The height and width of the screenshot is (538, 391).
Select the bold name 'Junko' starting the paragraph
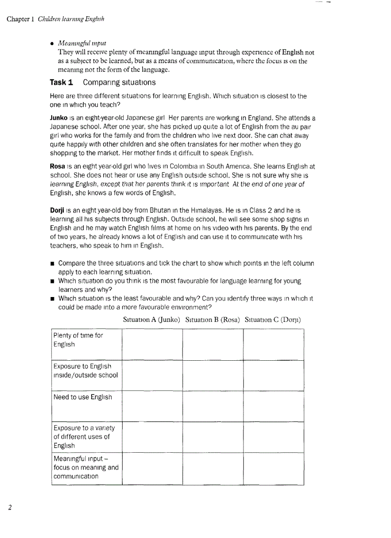(x=59, y=118)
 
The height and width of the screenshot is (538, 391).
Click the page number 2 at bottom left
(x=10, y=507)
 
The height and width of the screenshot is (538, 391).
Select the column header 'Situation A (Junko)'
(x=151, y=320)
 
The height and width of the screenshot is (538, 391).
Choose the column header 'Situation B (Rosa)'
(x=212, y=320)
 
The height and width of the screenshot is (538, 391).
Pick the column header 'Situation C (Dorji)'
(x=273, y=320)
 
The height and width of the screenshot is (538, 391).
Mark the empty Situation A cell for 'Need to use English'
(x=152, y=406)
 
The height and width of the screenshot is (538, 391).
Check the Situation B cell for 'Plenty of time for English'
(x=213, y=344)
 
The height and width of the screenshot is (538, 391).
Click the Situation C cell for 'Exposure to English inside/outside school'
(x=274, y=376)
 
